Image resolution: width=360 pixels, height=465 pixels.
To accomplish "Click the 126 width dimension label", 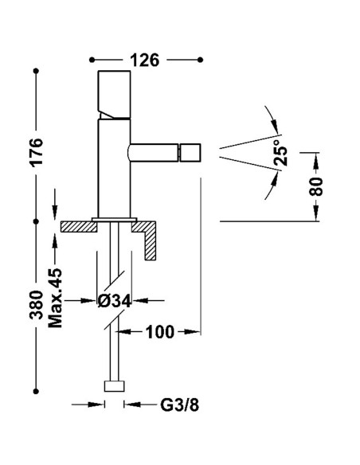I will point(146,60).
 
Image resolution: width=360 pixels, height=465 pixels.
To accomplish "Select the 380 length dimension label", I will point(36,304).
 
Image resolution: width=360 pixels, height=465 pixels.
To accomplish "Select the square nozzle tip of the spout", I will point(192,150).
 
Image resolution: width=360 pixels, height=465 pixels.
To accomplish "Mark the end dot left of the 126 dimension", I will point(92,60).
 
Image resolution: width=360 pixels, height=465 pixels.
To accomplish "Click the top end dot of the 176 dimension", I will point(36,72).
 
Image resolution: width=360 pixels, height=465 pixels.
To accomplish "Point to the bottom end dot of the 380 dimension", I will point(36,390).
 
